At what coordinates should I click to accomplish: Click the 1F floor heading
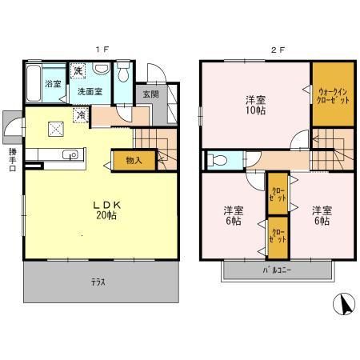(x=102, y=49)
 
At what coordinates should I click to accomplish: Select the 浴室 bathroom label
(x=53, y=83)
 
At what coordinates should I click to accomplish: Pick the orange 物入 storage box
(x=134, y=160)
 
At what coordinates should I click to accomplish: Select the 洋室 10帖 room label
(x=255, y=105)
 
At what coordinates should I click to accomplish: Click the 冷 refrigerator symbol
(x=80, y=115)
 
